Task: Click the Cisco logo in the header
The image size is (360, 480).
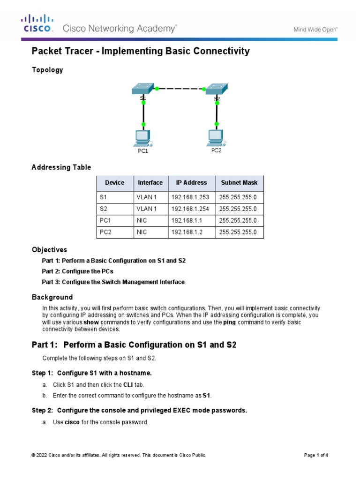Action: pyautogui.click(x=37, y=24)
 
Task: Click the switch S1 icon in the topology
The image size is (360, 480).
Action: pyautogui.click(x=142, y=89)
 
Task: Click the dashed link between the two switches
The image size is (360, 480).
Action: pyautogui.click(x=180, y=88)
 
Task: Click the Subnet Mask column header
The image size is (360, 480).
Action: pyautogui.click(x=239, y=182)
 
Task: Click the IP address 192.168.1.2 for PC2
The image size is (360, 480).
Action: pyautogui.click(x=186, y=232)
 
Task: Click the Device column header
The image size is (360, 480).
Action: pyautogui.click(x=115, y=182)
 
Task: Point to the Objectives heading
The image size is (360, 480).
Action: pyautogui.click(x=49, y=249)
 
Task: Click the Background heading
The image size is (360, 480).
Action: pyautogui.click(x=52, y=297)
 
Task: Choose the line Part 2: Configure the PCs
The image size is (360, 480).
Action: pyautogui.click(x=78, y=271)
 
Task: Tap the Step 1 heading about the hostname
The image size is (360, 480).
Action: pyautogui.click(x=92, y=373)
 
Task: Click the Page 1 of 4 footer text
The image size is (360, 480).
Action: pyautogui.click(x=316, y=455)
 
